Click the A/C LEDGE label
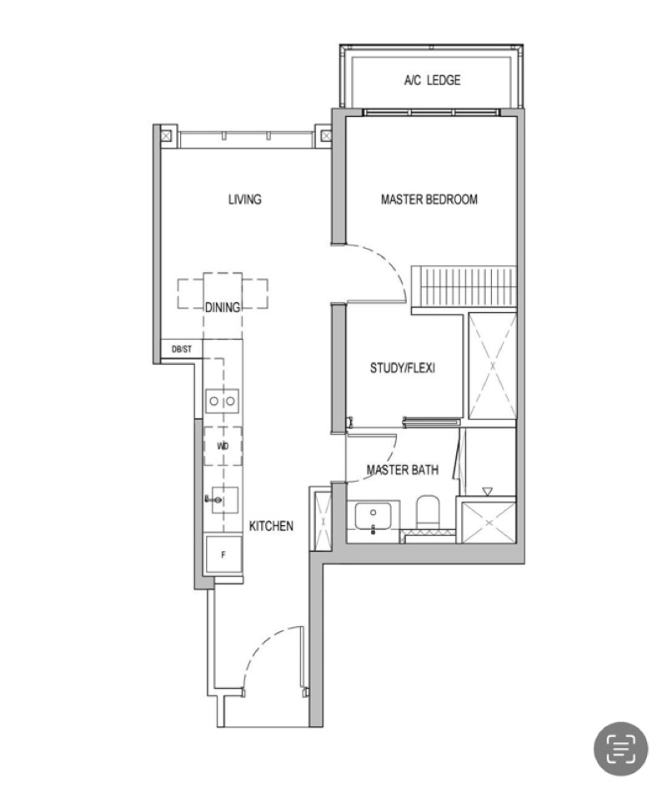tap(432, 80)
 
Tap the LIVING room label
tap(245, 200)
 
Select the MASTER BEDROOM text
tap(429, 200)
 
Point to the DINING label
tap(223, 307)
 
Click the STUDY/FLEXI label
tap(403, 368)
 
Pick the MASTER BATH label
tap(403, 471)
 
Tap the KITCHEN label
tap(271, 526)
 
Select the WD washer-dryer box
tap(223, 447)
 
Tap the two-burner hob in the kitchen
tap(223, 402)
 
